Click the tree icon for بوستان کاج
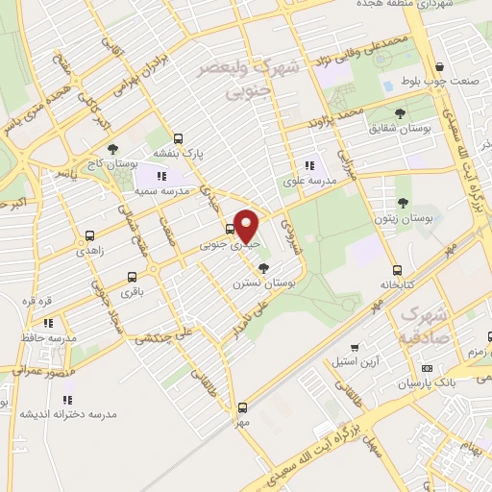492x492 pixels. point(112,148)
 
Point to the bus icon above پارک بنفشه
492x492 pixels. point(178,137)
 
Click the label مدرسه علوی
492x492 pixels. point(308,181)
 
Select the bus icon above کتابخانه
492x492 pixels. point(397,270)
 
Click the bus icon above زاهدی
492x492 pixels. point(89,234)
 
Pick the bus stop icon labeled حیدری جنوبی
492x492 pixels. point(230,229)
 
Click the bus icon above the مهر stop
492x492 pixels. point(243,406)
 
